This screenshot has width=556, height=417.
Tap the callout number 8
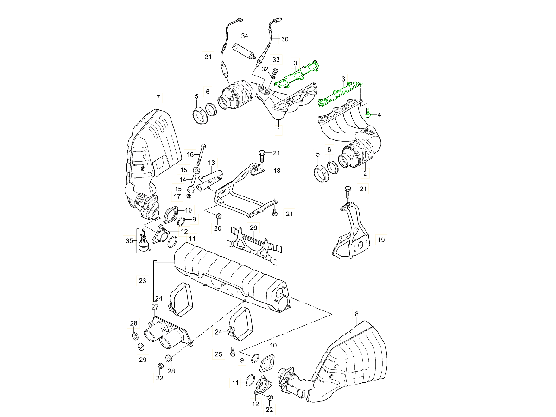356,314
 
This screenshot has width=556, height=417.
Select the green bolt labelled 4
368,113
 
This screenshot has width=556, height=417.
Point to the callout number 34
245,36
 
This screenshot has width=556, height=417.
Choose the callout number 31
208,57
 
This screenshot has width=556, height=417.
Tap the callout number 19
381,240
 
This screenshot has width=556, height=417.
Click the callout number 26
253,227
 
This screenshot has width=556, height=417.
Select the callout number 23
142,281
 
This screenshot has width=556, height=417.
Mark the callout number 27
155,307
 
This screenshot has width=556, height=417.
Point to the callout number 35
129,240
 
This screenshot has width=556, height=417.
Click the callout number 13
211,163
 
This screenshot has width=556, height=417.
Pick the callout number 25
219,354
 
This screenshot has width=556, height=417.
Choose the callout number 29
142,360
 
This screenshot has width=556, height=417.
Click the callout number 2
365,174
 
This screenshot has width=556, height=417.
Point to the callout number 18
277,171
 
